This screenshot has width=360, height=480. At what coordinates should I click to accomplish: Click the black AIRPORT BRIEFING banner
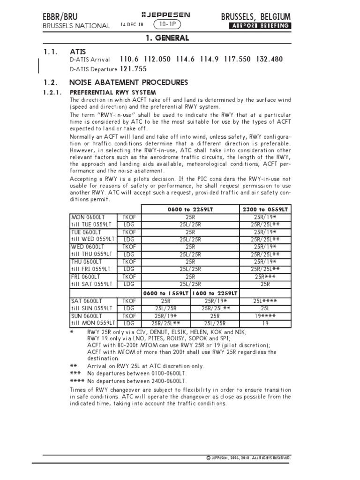(x=259, y=26)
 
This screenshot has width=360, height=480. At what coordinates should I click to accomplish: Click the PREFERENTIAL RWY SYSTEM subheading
(x=112, y=92)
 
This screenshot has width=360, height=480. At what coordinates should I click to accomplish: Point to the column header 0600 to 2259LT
(x=190, y=210)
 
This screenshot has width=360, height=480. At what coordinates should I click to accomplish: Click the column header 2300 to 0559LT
(x=265, y=210)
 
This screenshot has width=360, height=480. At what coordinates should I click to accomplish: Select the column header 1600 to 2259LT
(x=214, y=293)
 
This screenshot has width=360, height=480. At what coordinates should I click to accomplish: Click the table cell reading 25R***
(x=265, y=277)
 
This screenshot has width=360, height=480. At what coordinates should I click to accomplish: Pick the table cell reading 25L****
(x=265, y=300)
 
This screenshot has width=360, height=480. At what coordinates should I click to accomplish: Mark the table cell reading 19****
(x=265, y=316)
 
